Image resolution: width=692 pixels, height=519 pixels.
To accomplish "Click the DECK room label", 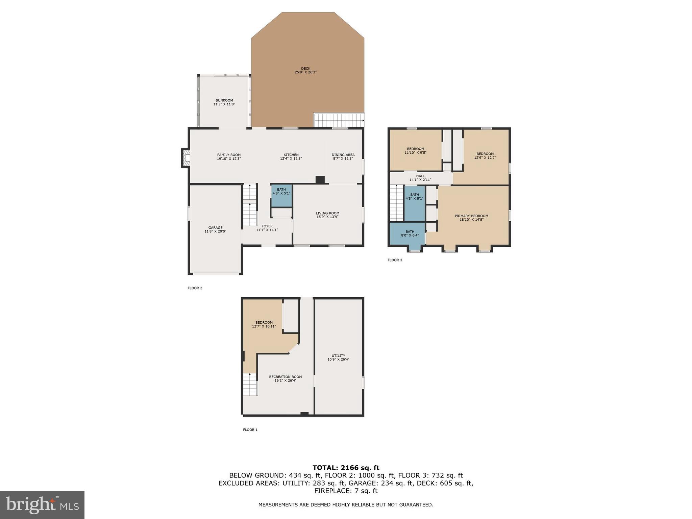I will (305, 69).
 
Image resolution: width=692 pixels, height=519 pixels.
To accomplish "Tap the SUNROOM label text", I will (224, 100).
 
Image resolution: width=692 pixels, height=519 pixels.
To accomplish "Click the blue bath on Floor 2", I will (281, 196).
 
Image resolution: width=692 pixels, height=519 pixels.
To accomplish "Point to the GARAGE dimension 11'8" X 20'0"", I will (215, 231).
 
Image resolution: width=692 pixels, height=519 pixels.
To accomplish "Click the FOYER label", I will (267, 226).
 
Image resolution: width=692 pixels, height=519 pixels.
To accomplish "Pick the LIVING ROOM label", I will (327, 213).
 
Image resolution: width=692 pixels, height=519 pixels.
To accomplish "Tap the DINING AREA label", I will (343, 155).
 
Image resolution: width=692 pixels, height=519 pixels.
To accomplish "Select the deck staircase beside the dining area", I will (338, 120).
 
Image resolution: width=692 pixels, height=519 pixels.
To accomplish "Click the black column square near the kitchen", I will (320, 180).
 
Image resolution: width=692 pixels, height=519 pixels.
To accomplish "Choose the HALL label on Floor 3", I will (420, 176).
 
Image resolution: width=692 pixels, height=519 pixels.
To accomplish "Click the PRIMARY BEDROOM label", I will (471, 216).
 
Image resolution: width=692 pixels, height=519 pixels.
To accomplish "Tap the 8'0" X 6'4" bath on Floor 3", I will (410, 233).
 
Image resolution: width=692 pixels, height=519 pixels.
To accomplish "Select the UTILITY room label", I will (338, 355).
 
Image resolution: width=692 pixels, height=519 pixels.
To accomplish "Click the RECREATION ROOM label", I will (285, 377).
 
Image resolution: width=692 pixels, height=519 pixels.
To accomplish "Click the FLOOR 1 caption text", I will (250, 430).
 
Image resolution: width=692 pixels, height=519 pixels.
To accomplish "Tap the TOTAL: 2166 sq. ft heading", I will (346, 468).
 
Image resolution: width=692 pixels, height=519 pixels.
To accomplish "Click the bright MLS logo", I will (42, 505).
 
